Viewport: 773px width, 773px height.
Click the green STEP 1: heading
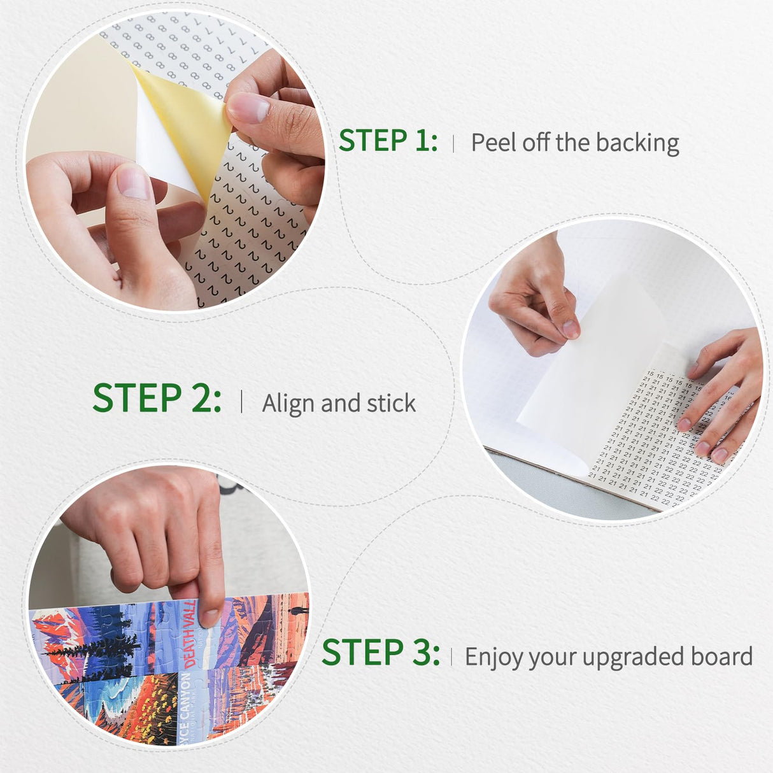point(387,141)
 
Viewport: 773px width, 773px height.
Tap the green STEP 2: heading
point(157,399)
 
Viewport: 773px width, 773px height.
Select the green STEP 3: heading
point(380,653)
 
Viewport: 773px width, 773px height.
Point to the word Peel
point(493,143)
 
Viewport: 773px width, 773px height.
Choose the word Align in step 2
point(288,403)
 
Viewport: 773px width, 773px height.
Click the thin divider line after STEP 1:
point(453,143)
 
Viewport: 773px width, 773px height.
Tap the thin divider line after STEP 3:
point(451,656)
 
